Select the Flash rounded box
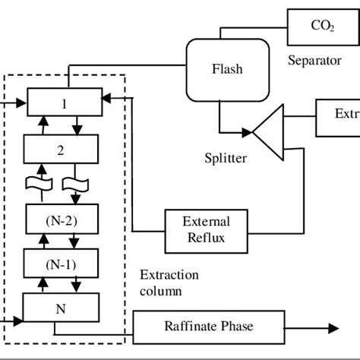[x=226, y=70]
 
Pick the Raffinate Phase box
[x=209, y=327]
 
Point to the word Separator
[x=314, y=61]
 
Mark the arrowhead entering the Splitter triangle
[x=248, y=134]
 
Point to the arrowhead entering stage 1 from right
[x=106, y=97]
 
